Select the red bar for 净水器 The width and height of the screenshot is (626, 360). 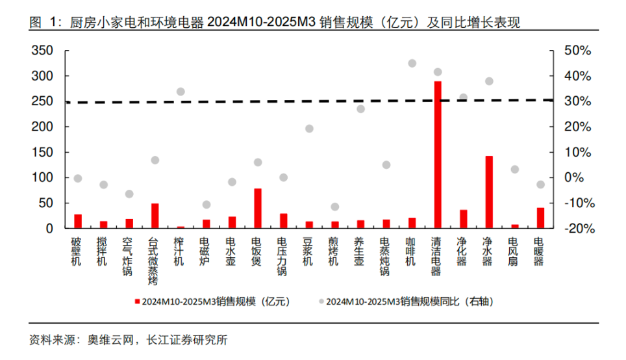pyautogui.click(x=489, y=192)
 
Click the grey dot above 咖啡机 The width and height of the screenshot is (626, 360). pyautogui.click(x=412, y=63)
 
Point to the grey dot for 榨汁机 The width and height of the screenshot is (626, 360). pyautogui.click(x=181, y=92)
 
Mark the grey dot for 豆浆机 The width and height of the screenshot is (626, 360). pyautogui.click(x=309, y=129)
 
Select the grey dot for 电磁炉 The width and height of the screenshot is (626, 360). pyautogui.click(x=207, y=205)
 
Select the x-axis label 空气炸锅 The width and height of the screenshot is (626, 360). pyautogui.click(x=129, y=257)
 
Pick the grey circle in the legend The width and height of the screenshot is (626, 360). pyautogui.click(x=321, y=302)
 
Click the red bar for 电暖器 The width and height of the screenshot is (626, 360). pyautogui.click(x=540, y=218)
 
